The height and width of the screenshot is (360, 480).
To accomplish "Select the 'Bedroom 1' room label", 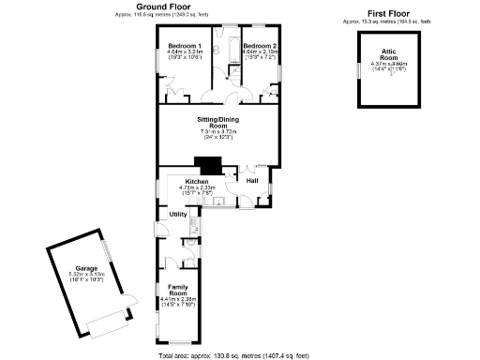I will point(185,45).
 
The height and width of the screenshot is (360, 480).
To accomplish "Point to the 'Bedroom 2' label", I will point(259,45).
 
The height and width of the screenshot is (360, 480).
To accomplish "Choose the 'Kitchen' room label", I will point(197,181).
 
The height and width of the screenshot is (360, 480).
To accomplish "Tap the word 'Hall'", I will point(252,179).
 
